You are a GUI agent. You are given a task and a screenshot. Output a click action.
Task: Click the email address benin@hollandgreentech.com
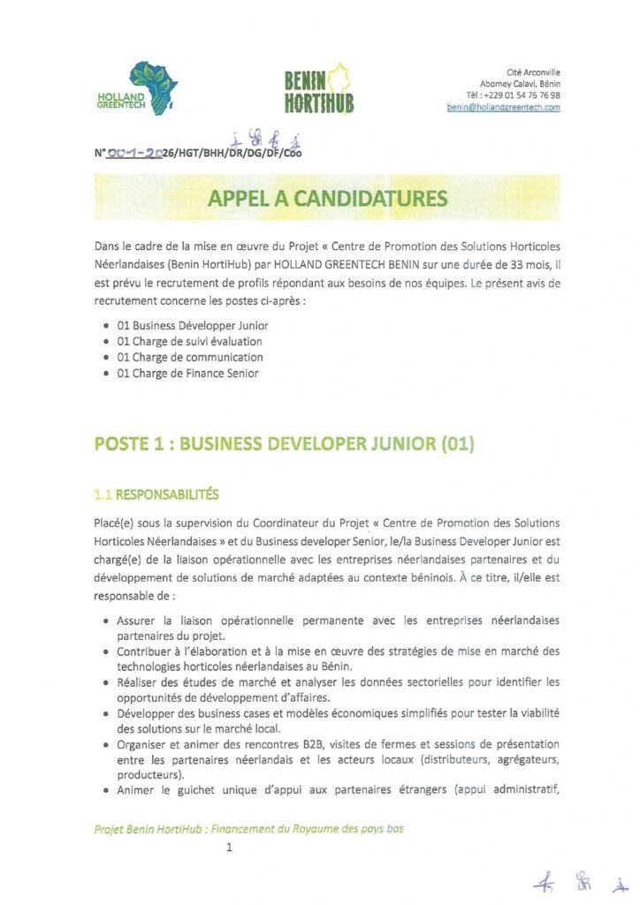[x=503, y=107]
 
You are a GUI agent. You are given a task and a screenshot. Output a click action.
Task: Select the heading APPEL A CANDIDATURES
[x=327, y=199]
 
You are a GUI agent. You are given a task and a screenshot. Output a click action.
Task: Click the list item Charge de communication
[x=189, y=357]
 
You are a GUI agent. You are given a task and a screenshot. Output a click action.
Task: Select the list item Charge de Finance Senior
[x=187, y=373]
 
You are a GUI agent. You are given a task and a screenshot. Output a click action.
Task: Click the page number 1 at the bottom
[x=229, y=848]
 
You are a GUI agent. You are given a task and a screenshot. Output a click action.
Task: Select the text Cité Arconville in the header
[x=533, y=72]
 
